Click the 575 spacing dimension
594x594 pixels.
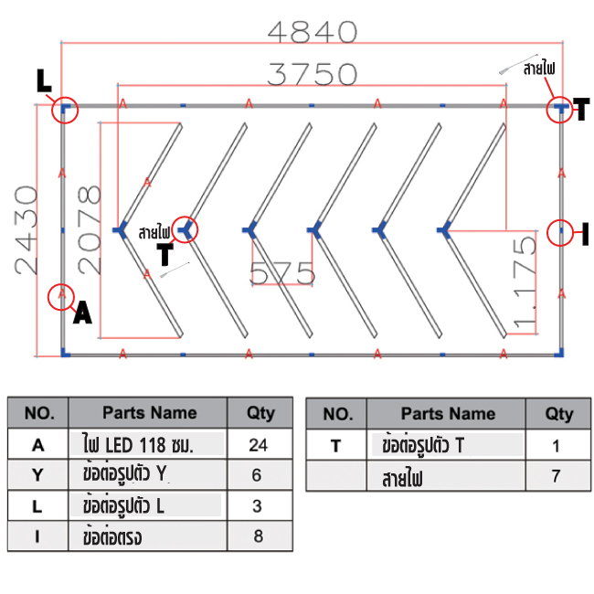tap(282, 272)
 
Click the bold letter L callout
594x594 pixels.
tap(43, 81)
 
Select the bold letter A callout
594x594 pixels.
tap(82, 313)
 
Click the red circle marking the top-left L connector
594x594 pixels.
tap(64, 110)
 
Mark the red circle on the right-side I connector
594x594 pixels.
tap(560, 233)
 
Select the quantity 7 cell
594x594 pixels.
tap(558, 476)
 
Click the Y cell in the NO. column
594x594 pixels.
tap(38, 475)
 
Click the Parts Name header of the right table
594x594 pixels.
tap(448, 414)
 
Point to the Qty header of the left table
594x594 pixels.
tap(260, 413)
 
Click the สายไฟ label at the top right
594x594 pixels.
tap(539, 68)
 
